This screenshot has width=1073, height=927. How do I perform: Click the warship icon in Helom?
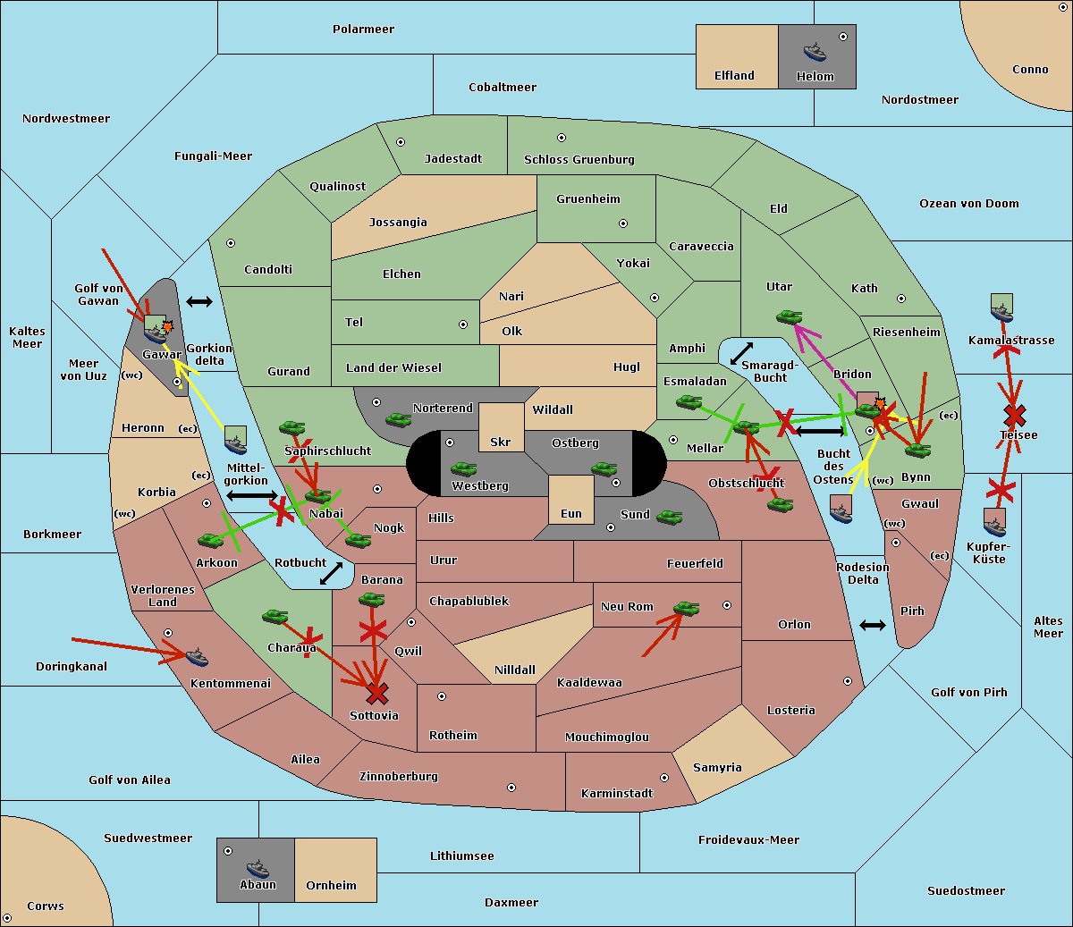click(x=815, y=51)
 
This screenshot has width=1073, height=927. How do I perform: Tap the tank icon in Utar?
click(x=789, y=316)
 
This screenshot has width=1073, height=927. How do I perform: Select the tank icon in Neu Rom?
click(x=686, y=609)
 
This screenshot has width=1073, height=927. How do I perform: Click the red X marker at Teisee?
click(x=1014, y=415)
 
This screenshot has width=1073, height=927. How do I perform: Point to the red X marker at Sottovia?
click(x=377, y=693)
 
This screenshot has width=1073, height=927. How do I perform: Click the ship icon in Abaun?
click(x=258, y=868)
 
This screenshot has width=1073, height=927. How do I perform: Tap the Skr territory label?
click(x=501, y=442)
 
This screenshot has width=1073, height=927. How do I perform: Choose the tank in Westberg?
click(x=463, y=468)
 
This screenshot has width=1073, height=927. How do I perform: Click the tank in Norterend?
click(x=398, y=419)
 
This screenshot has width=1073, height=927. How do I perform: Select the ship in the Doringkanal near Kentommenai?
click(x=197, y=658)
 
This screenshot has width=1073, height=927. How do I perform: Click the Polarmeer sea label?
click(x=363, y=29)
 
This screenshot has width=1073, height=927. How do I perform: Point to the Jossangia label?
click(x=398, y=223)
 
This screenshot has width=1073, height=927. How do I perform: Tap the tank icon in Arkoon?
click(x=211, y=540)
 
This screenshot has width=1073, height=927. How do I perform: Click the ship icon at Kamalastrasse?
click(x=1002, y=308)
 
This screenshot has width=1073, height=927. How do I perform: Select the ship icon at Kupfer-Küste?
click(x=994, y=521)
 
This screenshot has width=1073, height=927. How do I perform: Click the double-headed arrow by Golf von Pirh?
click(x=873, y=625)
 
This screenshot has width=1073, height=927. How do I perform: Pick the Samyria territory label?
click(x=717, y=768)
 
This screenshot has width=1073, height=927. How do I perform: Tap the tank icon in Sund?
click(x=670, y=517)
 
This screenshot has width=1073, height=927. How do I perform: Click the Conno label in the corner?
click(x=1030, y=70)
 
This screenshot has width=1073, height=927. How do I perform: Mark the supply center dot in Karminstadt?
click(x=664, y=778)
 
